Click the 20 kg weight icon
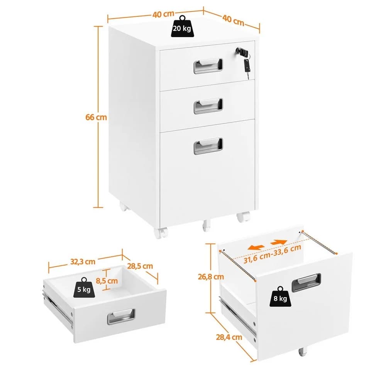pyautogui.click(x=182, y=27)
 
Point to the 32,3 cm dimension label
pyautogui.click(x=83, y=261)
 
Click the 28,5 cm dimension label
pyautogui.click(x=140, y=266)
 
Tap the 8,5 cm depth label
pyautogui.click(x=107, y=281)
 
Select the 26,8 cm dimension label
pyautogui.click(x=211, y=277)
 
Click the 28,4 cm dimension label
pyautogui.click(x=229, y=337)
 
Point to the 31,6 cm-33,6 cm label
pyautogui.click(x=273, y=254)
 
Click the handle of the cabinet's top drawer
pyautogui.click(x=208, y=66)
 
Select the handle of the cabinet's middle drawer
pyautogui.click(x=208, y=106)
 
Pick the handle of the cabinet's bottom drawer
pyautogui.click(x=208, y=146)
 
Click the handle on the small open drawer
pyautogui.click(x=121, y=317)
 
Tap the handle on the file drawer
pyautogui.click(x=306, y=283)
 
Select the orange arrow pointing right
pyautogui.click(x=279, y=242)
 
